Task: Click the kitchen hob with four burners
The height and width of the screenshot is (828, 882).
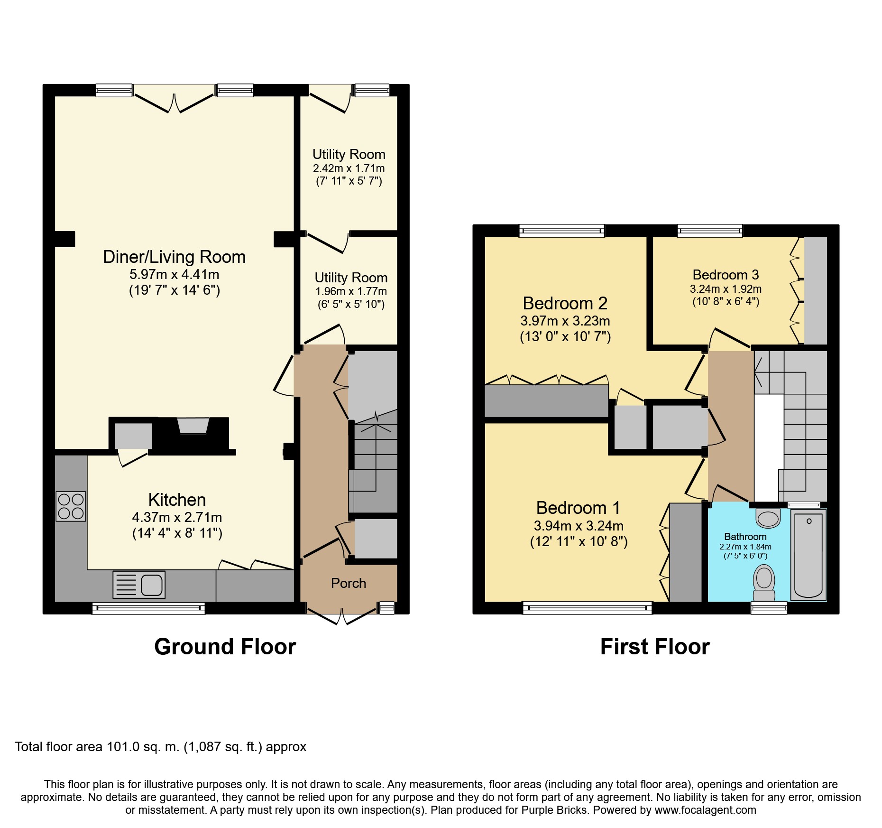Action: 71,506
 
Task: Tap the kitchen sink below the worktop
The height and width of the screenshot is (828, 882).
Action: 139,584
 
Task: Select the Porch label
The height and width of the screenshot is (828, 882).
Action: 349,583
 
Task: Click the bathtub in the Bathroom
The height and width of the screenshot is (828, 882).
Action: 808,554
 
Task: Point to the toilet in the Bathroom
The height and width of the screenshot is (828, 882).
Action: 764,582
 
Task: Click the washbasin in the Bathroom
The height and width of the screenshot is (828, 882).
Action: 768,518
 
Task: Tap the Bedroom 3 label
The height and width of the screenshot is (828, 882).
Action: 726,275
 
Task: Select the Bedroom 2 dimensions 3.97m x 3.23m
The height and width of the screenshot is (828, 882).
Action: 565,321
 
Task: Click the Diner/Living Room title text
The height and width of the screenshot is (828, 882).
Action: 174,257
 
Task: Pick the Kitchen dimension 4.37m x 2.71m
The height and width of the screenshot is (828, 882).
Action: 177,517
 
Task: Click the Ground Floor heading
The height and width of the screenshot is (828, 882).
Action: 225,646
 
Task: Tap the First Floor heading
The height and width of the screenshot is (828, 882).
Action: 655,646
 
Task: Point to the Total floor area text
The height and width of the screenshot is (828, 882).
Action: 160,747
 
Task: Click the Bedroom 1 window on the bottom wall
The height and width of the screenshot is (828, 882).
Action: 587,608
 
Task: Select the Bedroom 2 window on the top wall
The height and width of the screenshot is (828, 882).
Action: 562,231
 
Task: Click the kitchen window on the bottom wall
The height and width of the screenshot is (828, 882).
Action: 148,608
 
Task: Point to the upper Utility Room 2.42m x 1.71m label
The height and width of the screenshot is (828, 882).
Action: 349,167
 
